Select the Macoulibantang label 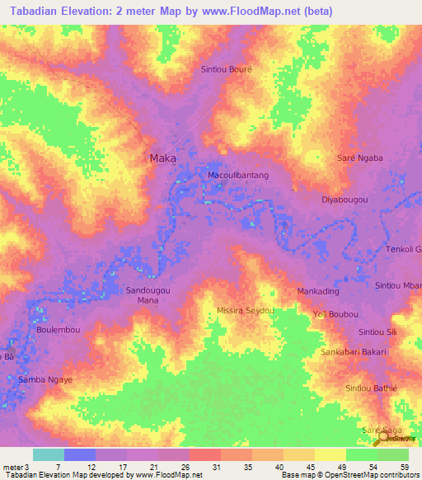(x=237, y=176)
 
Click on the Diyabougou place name (x=344, y=200)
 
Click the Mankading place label (x=318, y=292)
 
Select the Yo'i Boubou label (x=335, y=313)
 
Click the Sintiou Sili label (x=377, y=332)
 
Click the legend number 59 (x=404, y=467)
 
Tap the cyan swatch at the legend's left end (x=48, y=454)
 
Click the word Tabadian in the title (x=34, y=10)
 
